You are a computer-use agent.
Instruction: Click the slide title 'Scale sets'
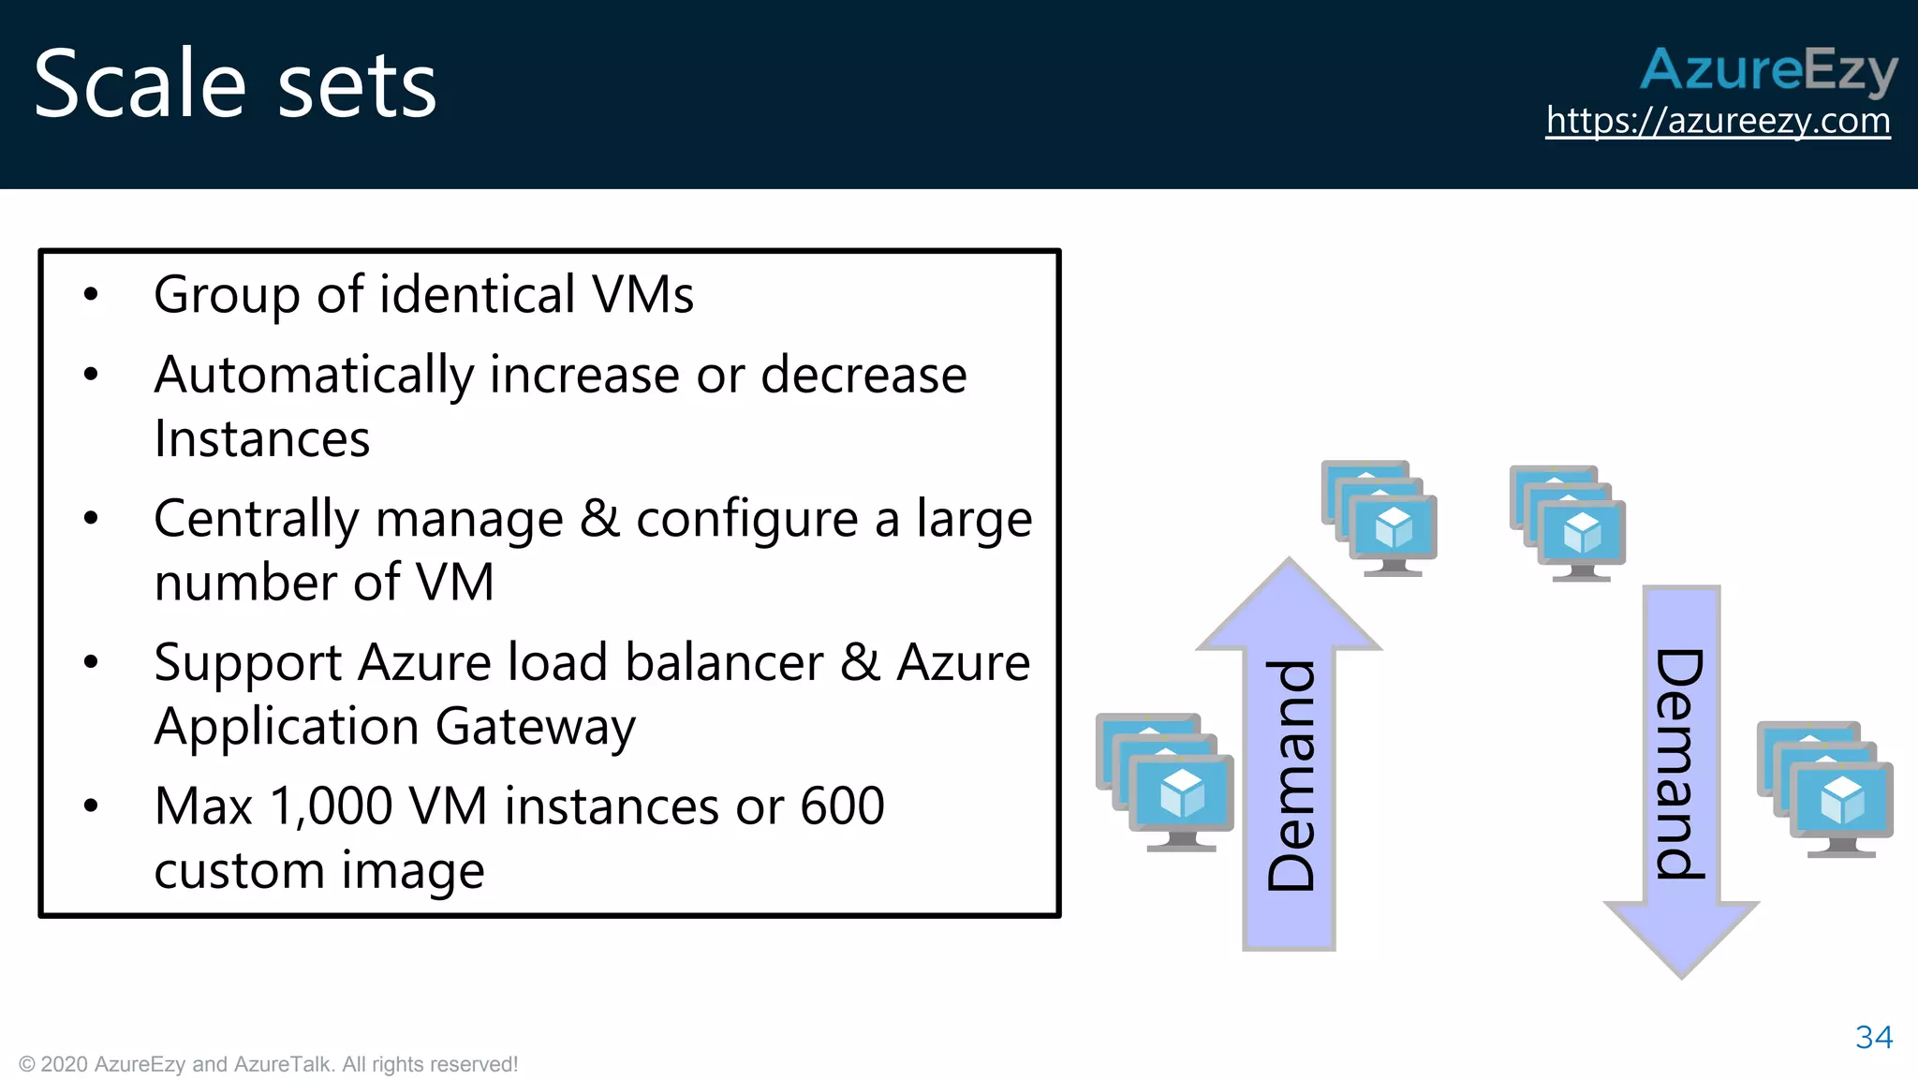click(x=235, y=84)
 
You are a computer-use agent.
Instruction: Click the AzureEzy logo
click(x=1768, y=69)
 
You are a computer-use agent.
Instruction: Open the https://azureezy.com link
click(x=1718, y=121)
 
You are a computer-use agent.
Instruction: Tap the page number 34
click(x=1873, y=1037)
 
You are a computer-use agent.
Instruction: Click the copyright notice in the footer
click(x=268, y=1064)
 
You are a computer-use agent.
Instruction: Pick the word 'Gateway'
click(x=535, y=728)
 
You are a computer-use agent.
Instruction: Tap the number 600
click(x=841, y=806)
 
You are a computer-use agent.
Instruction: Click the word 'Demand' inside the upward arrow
click(x=1290, y=776)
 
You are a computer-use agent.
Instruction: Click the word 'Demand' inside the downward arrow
click(x=1680, y=763)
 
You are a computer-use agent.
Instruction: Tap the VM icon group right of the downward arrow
click(x=1825, y=790)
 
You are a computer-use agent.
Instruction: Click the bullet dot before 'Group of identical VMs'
click(x=91, y=295)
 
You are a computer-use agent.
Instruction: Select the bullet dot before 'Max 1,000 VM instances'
click(x=91, y=806)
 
